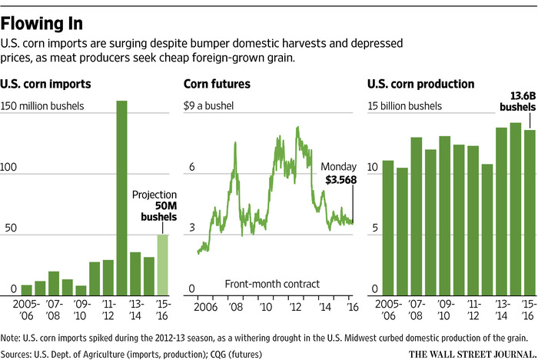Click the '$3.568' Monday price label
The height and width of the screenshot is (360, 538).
(x=339, y=180)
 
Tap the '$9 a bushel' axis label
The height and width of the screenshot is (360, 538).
(x=207, y=105)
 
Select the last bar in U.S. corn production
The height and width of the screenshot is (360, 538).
(x=530, y=213)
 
